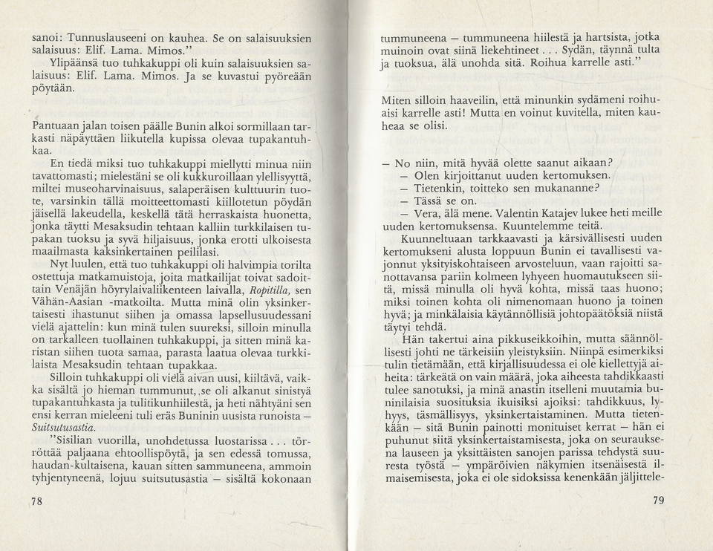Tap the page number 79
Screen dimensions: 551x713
pos(658,501)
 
